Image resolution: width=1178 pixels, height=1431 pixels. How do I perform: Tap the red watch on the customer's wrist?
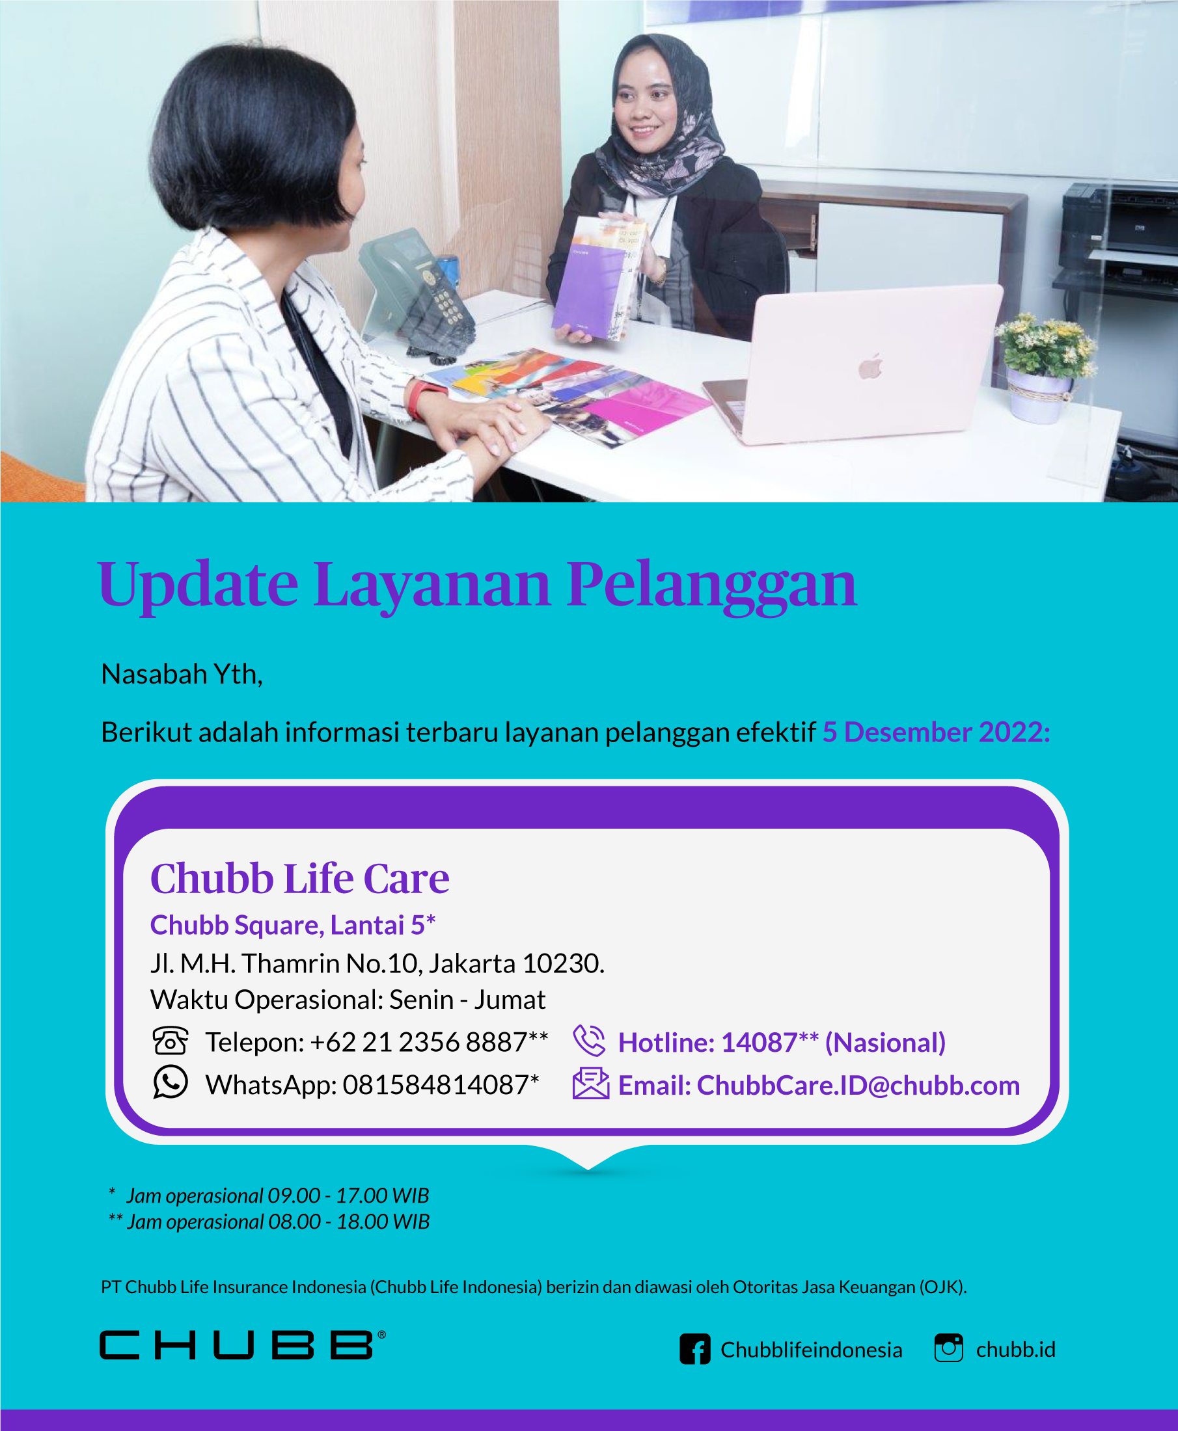click(424, 399)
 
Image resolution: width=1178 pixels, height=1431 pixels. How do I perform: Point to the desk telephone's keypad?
click(448, 305)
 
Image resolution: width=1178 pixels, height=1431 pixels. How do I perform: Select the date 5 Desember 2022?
click(937, 732)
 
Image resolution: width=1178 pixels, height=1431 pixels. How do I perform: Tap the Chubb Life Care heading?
click(300, 879)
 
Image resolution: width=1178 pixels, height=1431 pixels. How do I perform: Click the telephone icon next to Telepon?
click(171, 1041)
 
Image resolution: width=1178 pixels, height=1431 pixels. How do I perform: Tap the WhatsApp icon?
click(171, 1082)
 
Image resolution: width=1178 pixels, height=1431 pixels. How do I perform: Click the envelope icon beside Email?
click(591, 1083)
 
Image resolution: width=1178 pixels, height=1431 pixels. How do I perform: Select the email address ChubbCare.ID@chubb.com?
click(858, 1086)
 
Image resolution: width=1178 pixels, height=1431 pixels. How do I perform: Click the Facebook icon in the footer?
click(695, 1349)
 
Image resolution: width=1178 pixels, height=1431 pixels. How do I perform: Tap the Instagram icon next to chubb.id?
click(949, 1348)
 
